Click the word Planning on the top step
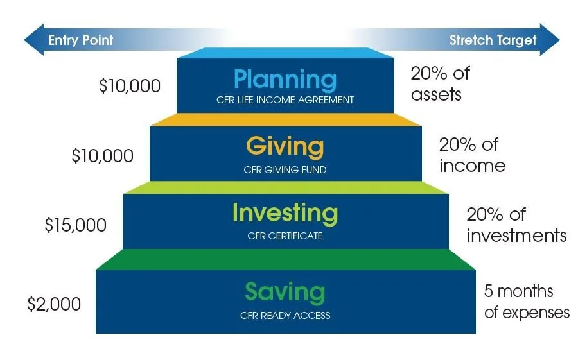point(285,80)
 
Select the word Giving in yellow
point(285,147)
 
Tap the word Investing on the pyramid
point(285,213)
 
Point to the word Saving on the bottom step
point(285,293)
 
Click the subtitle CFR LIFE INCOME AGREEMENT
point(285,100)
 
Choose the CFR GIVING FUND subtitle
point(285,170)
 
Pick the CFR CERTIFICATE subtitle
point(285,236)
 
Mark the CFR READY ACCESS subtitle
point(285,316)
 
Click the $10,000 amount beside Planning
point(130,86)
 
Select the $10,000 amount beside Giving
point(103,156)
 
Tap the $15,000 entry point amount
point(76,225)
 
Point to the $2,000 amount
point(55,304)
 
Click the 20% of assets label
point(440,84)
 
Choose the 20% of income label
point(472,155)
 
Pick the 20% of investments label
point(516,225)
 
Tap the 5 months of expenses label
point(526,302)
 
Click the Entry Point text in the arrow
point(81,40)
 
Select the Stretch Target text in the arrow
point(493,40)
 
